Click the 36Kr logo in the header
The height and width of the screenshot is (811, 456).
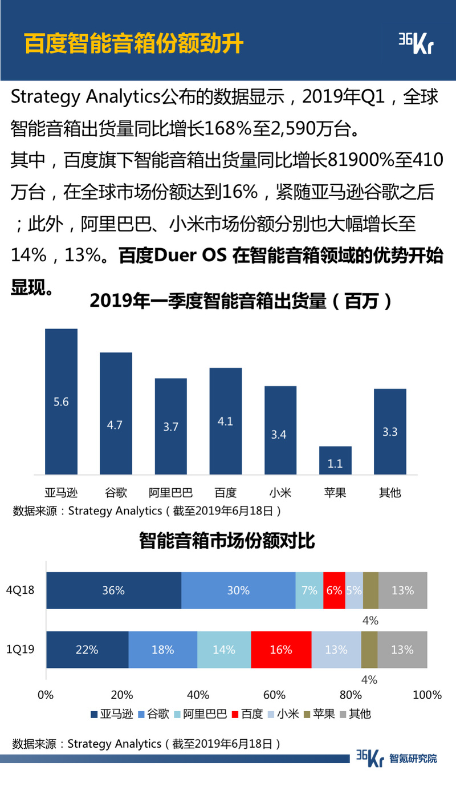415,43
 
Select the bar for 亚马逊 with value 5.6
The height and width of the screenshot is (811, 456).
61,402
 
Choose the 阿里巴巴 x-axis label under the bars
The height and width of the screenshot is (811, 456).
170,492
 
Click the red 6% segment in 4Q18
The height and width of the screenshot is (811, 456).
334,590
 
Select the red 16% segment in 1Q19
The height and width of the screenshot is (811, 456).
281,650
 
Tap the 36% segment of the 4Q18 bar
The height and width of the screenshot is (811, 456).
113,590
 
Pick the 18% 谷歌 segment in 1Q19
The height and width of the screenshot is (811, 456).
162,650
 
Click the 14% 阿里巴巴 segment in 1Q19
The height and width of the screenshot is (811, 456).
224,650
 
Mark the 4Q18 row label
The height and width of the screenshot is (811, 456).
20,590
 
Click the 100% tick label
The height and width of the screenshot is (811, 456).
427,695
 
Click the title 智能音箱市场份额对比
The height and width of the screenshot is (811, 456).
227,540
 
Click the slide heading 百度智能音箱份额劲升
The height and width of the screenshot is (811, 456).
134,43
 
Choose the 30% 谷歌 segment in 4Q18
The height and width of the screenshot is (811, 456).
238,590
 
